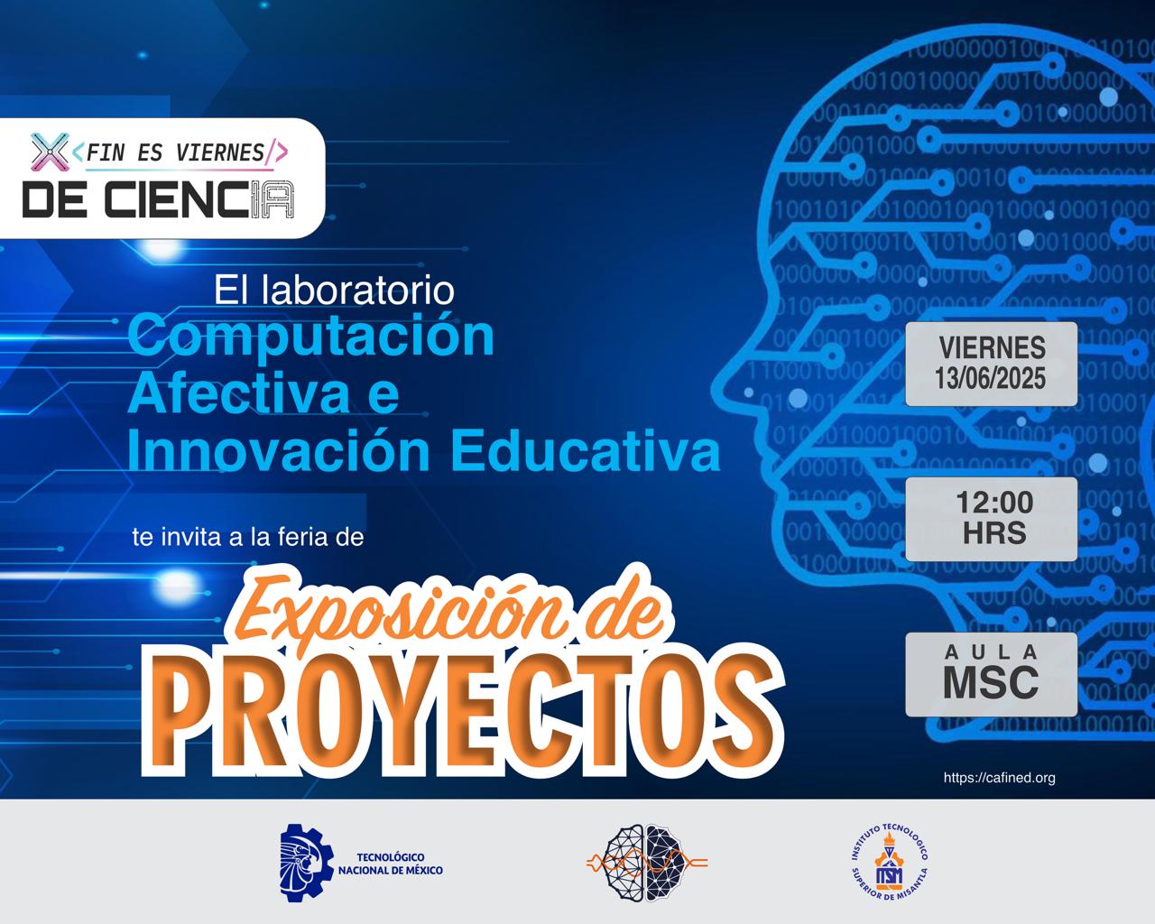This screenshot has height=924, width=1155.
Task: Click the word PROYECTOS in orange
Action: [462, 704]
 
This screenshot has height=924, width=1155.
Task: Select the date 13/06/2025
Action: [991, 378]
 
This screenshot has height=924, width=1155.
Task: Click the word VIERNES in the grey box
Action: [992, 347]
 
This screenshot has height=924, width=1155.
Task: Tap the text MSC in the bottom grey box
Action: [991, 683]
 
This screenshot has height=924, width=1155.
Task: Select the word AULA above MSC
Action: [992, 651]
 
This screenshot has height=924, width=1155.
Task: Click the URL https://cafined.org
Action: [999, 778]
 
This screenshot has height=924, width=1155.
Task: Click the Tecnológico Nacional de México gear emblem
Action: [305, 862]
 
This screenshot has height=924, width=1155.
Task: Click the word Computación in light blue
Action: [311, 335]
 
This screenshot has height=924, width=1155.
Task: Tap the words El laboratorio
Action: [334, 290]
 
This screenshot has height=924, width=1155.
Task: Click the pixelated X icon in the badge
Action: [50, 152]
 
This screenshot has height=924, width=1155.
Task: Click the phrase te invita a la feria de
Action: [247, 538]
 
